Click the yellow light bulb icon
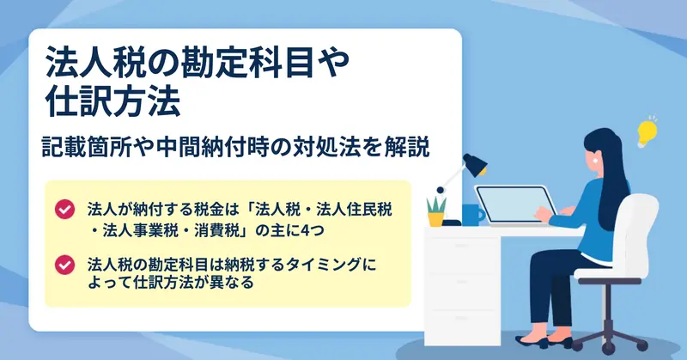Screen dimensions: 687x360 point(647,133)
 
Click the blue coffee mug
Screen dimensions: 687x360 point(473,215)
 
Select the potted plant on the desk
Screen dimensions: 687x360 point(436,212)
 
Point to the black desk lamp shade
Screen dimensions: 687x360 point(476,163)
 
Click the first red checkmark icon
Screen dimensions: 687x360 point(65,209)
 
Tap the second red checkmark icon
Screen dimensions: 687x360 point(65,265)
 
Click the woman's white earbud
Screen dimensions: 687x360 point(595,161)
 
